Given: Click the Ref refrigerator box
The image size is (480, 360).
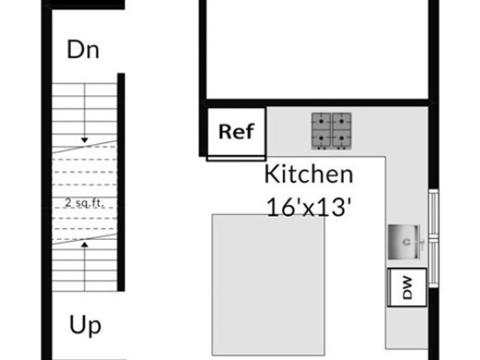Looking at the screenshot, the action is pos(237,132).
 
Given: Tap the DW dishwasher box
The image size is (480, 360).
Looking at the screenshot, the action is pos(407,287).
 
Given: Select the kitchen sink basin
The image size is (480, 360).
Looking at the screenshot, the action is pos(404,242).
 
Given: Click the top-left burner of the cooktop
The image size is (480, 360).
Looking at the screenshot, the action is pos(321,122).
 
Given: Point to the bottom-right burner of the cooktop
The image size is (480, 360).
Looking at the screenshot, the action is pos(342,139).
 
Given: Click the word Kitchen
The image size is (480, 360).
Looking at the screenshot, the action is pos(309,174).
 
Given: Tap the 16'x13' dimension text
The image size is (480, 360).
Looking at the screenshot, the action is pos(309,207).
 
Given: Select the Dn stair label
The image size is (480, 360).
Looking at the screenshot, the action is pos(83,50).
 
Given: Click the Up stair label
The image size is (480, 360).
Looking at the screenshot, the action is pos(85,326).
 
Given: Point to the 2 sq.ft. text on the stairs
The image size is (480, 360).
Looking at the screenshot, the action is pos(85,202).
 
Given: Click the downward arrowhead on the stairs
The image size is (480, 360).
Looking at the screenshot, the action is pos(85,141).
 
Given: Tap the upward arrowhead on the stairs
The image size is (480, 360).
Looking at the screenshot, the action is pos(85,244).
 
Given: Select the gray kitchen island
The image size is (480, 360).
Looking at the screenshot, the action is pos(268,285).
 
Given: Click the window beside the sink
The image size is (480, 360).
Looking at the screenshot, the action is pos(434,238).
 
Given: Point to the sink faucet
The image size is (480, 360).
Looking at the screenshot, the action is pos(414,242).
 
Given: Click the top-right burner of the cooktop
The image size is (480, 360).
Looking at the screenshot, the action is pos(342,122).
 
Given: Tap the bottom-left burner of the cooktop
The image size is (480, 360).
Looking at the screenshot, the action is pos(321,139).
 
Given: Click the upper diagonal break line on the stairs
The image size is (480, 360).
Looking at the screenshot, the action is pos(85,147).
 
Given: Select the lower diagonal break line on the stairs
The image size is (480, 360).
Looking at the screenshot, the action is pos(85,239).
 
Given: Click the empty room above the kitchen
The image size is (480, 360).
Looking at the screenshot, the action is pos(317,49).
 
